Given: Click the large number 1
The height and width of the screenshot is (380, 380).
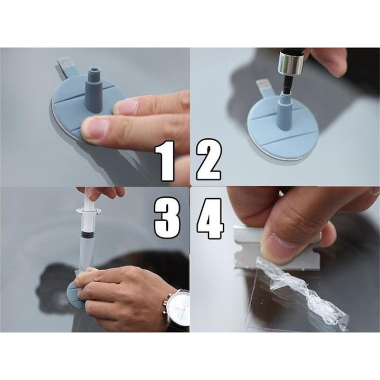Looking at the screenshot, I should (x=165, y=160).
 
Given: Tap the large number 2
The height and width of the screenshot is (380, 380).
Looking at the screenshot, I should (x=208, y=160).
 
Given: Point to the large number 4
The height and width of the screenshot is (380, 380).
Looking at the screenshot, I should (x=210, y=216).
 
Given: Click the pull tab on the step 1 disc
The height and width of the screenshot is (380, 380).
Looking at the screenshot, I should (x=66, y=64).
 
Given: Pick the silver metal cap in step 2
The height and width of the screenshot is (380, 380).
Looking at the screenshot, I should (x=291, y=63).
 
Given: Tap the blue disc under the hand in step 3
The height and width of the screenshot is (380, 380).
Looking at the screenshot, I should (x=74, y=296).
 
